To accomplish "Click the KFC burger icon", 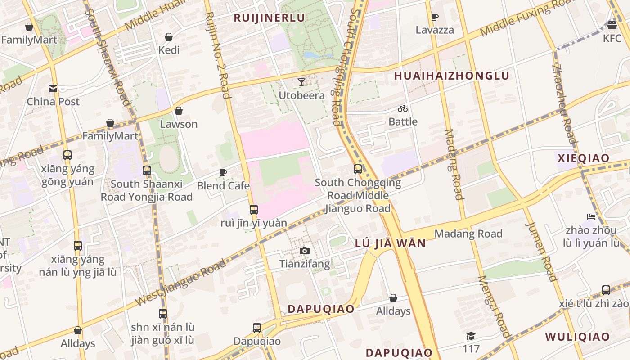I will click(x=612, y=24).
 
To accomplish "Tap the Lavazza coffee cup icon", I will click(x=434, y=17).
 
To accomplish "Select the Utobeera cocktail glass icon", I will click(x=301, y=82).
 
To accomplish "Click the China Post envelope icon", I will click(x=53, y=88).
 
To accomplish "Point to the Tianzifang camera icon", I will click(x=305, y=251).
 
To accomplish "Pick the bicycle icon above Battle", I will click(x=403, y=108).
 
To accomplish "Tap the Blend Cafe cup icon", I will click(x=223, y=172).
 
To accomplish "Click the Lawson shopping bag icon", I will click(x=179, y=111).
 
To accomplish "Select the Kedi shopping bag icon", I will click(x=169, y=36).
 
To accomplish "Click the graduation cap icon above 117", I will click(x=471, y=336).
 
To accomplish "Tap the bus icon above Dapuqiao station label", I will click(x=256, y=328).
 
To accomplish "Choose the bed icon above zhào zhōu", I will click(x=591, y=217).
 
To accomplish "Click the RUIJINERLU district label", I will click(x=269, y=18).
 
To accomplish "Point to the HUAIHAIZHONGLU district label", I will click(x=451, y=76).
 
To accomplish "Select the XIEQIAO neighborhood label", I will click(x=583, y=158).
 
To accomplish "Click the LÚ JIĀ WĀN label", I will click(x=390, y=243).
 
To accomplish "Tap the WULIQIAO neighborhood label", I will click(x=577, y=337).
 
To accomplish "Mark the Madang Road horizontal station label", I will click(x=468, y=234).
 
